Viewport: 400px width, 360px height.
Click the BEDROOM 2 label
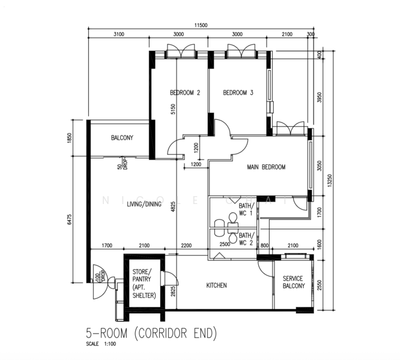click(185, 92)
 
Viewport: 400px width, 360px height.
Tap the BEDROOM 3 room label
click(238, 92)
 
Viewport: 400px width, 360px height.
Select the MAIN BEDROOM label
click(266, 167)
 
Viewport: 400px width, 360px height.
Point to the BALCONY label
click(122, 137)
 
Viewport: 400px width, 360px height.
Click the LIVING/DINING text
click(144, 204)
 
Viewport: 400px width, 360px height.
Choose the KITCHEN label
click(216, 285)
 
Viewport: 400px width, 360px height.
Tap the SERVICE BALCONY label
click(293, 282)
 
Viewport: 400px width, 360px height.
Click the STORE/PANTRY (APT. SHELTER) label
click(144, 283)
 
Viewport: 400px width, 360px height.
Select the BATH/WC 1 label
click(246, 209)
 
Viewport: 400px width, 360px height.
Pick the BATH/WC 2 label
click(246, 239)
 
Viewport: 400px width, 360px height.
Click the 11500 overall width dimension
click(201, 25)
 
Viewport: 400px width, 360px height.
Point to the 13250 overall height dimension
click(330, 181)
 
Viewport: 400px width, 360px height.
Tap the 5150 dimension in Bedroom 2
click(173, 109)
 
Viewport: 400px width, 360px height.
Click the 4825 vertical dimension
click(173, 207)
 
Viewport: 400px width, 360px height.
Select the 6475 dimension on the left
click(70, 219)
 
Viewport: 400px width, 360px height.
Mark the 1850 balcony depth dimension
click(70, 138)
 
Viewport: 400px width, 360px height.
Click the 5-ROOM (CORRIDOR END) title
click(151, 333)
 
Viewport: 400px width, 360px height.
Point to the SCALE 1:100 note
click(101, 344)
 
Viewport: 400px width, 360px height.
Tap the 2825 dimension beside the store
click(173, 291)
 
